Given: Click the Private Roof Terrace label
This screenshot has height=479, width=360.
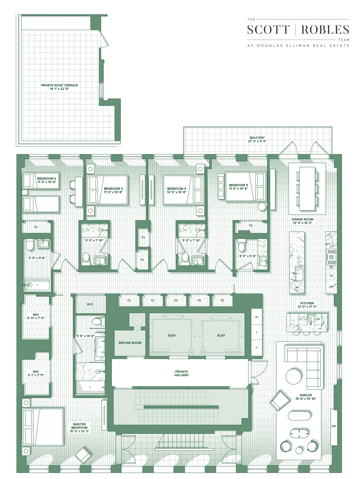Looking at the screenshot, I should (59, 85).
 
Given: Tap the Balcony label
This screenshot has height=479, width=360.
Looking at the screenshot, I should (257, 138).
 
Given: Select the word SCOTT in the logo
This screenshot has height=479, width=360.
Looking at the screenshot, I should (268, 30).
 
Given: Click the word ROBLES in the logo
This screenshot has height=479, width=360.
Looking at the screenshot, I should (325, 30).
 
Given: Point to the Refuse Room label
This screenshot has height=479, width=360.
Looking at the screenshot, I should (130, 343).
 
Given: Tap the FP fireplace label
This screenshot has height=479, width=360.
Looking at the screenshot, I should (334, 426).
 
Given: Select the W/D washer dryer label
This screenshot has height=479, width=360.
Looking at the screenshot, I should (90, 304).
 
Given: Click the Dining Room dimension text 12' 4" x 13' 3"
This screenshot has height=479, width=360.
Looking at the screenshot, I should (302, 223).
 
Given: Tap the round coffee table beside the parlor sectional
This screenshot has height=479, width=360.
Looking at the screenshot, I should (294, 376).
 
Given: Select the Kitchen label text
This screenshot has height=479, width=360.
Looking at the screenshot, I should (307, 303).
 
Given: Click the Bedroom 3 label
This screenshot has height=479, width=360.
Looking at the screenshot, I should (113, 189).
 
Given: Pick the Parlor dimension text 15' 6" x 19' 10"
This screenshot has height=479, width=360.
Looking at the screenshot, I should (306, 399).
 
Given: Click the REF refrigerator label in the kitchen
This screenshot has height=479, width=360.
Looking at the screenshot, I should (331, 286).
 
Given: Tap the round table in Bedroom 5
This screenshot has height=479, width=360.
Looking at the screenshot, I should (262, 207).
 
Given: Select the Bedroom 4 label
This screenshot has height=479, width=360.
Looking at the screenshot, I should (176, 189).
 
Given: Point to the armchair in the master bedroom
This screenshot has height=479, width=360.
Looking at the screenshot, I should (83, 456).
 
